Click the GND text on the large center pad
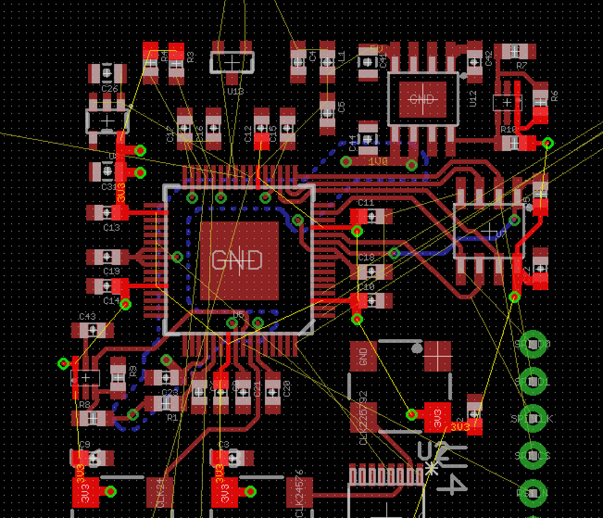(x=237, y=260)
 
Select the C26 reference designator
(x=110, y=88)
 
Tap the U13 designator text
(x=235, y=91)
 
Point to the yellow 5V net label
(x=377, y=49)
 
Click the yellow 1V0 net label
(x=378, y=161)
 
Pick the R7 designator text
(x=521, y=66)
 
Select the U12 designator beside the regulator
(x=473, y=99)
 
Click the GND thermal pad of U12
(x=422, y=99)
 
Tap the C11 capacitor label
(x=366, y=202)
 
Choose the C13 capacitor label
(x=111, y=227)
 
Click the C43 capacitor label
(x=87, y=316)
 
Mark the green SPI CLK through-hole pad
(x=533, y=418)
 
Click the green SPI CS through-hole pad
(x=533, y=455)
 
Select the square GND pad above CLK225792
(x=363, y=356)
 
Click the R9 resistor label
(x=133, y=371)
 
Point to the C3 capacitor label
(x=223, y=445)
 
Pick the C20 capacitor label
(x=287, y=388)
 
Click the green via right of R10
(x=547, y=143)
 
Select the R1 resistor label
(x=172, y=417)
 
